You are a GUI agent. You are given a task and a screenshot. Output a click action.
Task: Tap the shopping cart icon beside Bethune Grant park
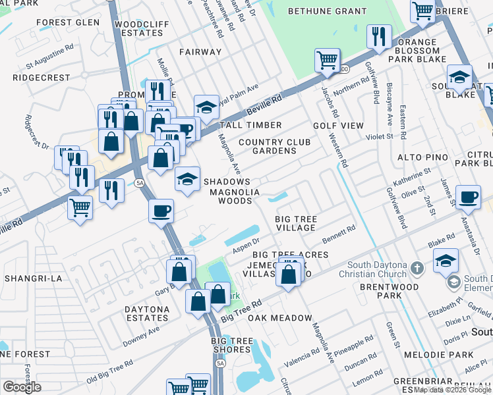pos(328,62)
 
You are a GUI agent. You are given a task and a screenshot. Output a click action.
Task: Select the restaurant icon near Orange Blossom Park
pos(378,37)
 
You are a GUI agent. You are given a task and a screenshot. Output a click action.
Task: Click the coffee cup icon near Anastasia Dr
pos(469,197)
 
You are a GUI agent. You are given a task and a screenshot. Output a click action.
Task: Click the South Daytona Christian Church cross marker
pos(416,268)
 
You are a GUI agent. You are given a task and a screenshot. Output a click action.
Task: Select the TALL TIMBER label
pos(250,125)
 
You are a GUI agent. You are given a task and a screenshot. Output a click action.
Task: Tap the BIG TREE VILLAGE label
pos(297,223)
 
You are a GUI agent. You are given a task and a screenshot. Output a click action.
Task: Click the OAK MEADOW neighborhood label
pos(279,318)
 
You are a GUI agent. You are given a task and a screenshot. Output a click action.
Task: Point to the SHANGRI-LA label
pos(33,278)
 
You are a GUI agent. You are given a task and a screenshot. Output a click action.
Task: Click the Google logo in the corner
pos(22,387)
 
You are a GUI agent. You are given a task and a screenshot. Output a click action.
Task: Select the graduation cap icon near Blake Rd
pos(446,261)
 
